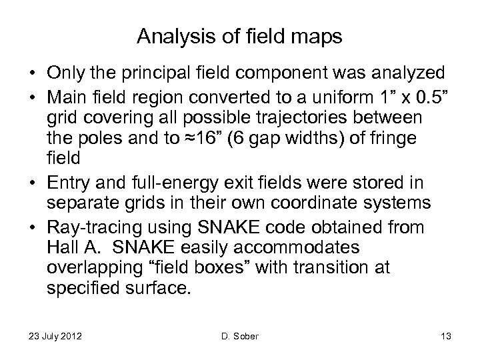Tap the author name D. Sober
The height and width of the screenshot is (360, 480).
pos(239,337)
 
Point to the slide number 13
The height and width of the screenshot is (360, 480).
pos(446,337)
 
